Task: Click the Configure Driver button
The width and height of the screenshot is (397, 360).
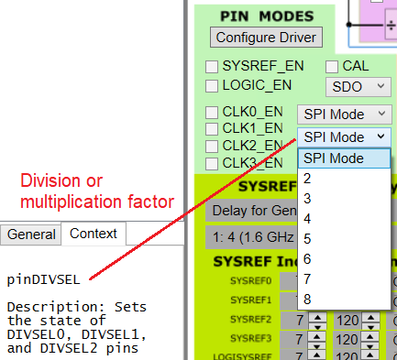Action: [265, 38]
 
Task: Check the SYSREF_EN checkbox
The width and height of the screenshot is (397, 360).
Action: [212, 67]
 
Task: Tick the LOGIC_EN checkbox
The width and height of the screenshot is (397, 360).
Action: [212, 86]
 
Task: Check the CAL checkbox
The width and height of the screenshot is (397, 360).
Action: [333, 67]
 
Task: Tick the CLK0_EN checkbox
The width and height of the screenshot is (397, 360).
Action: [212, 113]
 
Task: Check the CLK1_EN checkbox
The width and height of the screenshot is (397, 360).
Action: [212, 129]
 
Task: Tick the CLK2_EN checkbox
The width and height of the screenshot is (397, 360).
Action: [212, 146]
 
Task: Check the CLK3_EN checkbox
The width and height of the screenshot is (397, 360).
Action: [212, 163]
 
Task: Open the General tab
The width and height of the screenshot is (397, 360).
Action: [31, 234]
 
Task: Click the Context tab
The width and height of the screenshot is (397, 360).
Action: [94, 234]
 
